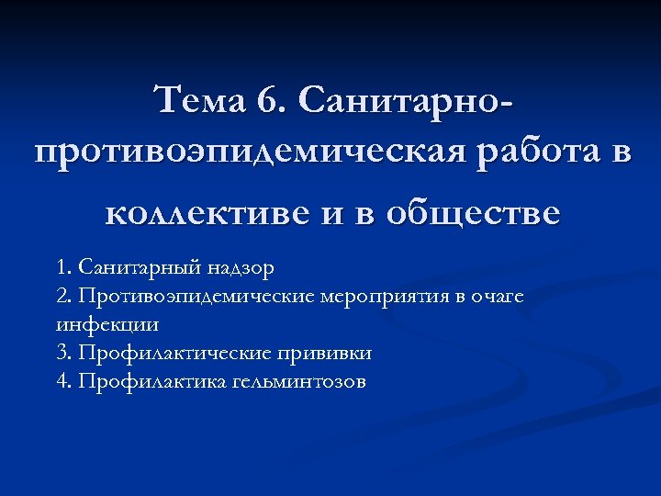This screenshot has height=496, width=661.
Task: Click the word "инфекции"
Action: [95, 325]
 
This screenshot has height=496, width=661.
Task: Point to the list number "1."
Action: [62, 268]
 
